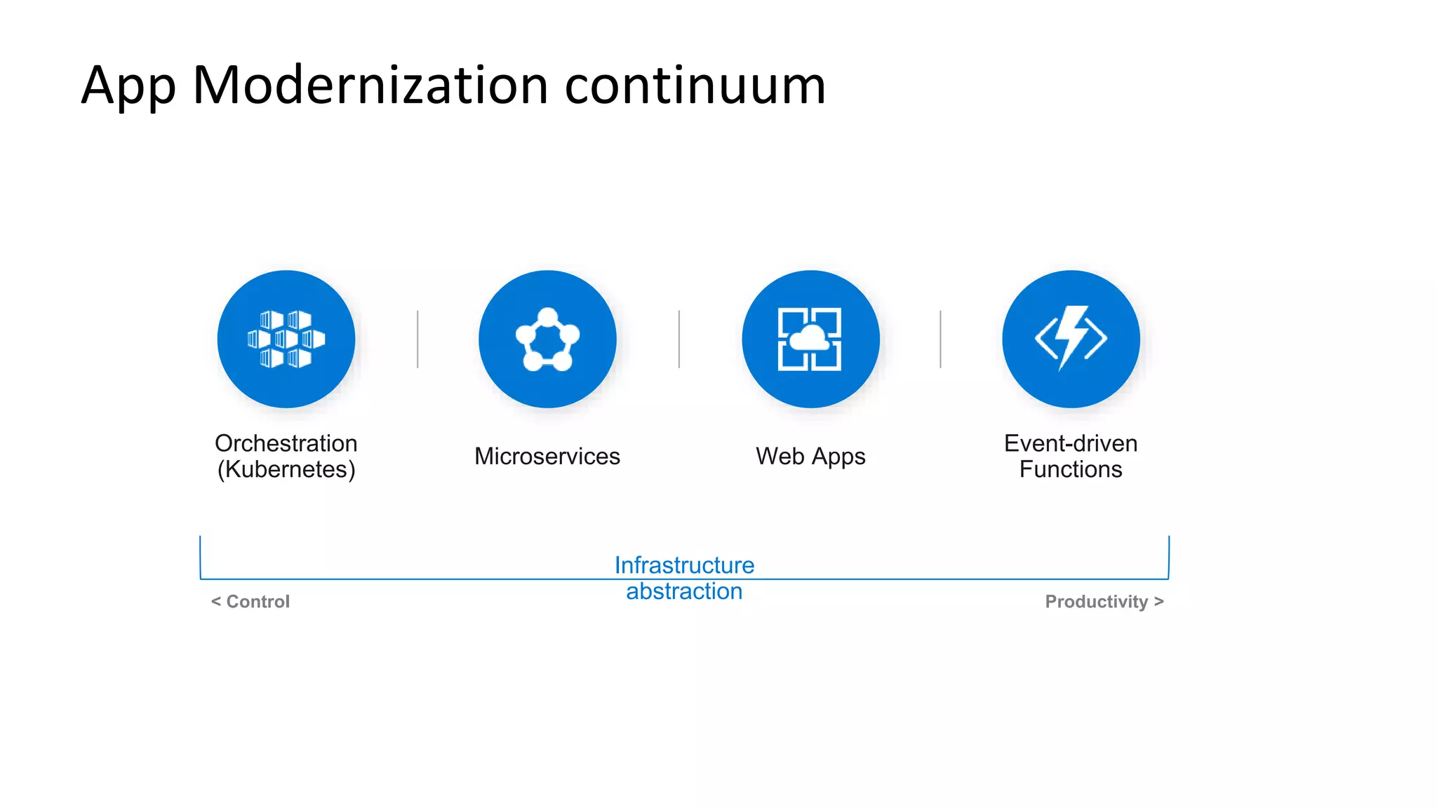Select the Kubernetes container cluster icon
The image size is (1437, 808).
click(286, 339)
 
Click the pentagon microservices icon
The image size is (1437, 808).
click(547, 339)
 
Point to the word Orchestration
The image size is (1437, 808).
click(286, 443)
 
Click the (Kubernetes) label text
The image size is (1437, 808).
click(286, 469)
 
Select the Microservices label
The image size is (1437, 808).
click(547, 456)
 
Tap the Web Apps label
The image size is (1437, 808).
click(810, 456)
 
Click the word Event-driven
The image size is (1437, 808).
click(1070, 443)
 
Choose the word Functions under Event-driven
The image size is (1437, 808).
click(1070, 469)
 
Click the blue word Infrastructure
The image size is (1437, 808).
click(684, 565)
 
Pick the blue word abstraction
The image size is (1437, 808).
click(684, 591)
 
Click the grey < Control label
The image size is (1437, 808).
click(250, 602)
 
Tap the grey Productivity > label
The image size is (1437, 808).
click(1104, 602)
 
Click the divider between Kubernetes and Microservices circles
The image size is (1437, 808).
click(417, 339)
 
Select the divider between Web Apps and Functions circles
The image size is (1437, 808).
click(940, 339)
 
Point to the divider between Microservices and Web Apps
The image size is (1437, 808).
click(679, 339)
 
